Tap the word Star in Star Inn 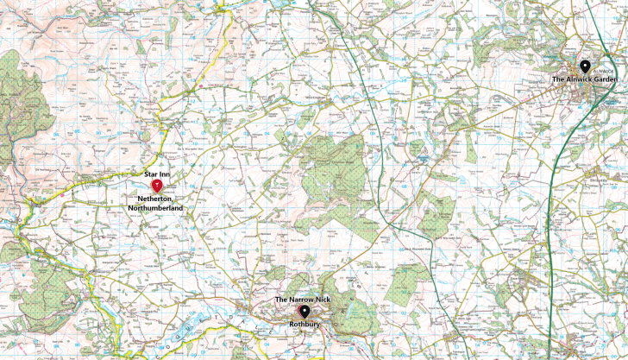pyautogui.click(x=150, y=175)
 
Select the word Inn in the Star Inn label pyautogui.click(x=165, y=175)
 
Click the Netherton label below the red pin pyautogui.click(x=154, y=199)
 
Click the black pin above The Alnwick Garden pyautogui.click(x=584, y=66)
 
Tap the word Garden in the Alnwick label pyautogui.click(x=605, y=79)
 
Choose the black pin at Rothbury pyautogui.click(x=304, y=311)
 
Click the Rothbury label pyautogui.click(x=304, y=325)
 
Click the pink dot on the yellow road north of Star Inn pyautogui.click(x=201, y=85)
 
